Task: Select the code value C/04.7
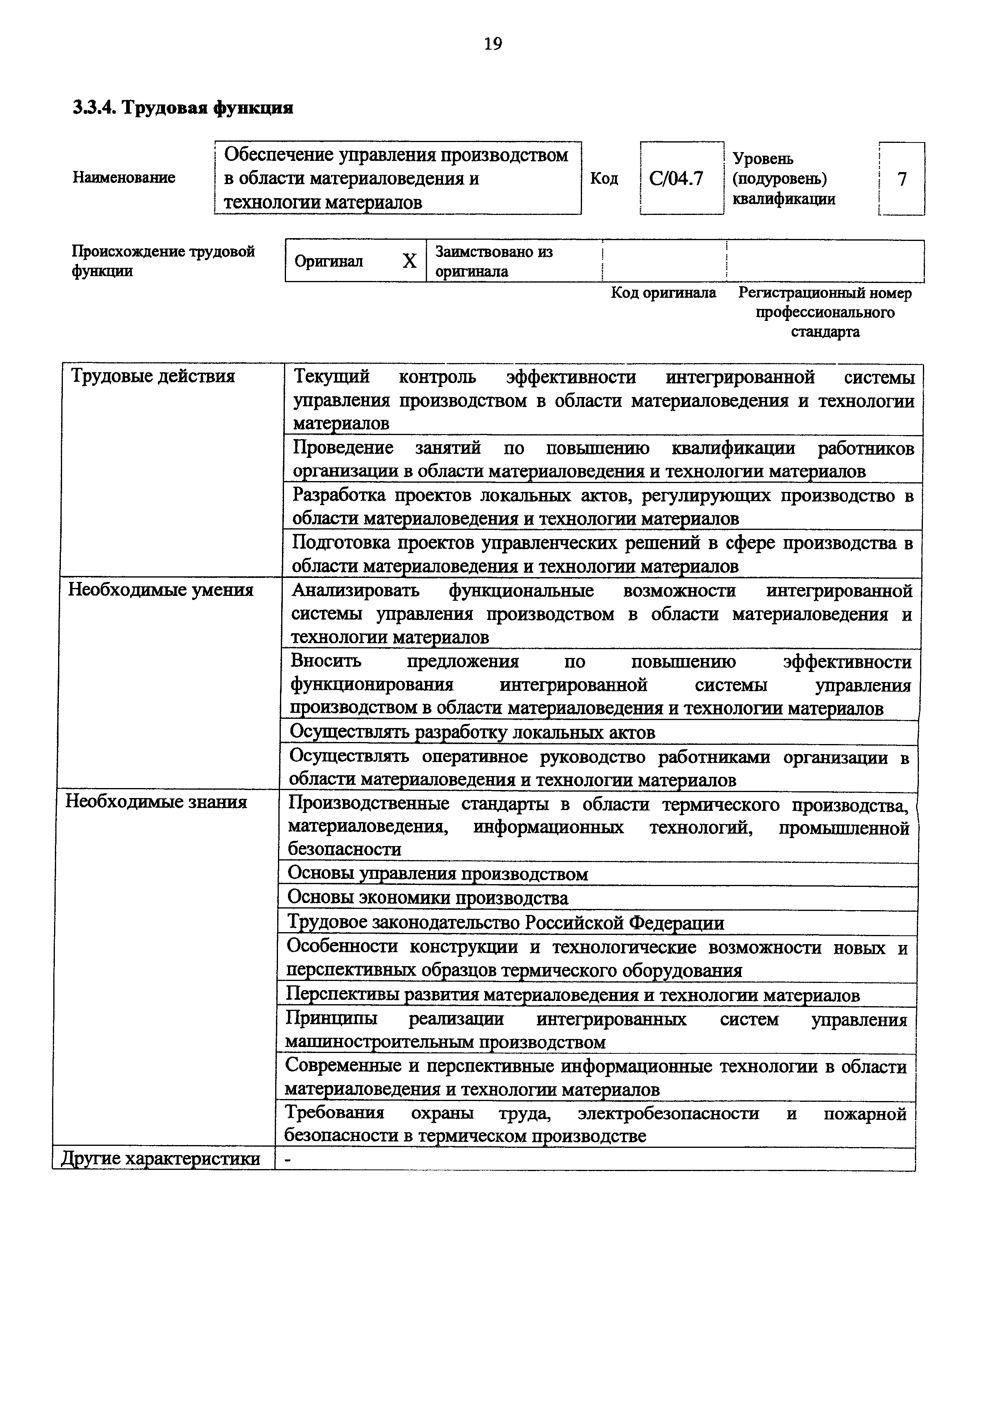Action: point(676,179)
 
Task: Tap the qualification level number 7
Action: point(901,179)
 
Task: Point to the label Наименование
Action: point(124,177)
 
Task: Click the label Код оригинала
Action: point(663,293)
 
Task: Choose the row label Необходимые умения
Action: point(160,590)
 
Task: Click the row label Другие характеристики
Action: point(160,1159)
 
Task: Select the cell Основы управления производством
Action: point(437,874)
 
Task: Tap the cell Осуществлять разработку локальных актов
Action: point(472,732)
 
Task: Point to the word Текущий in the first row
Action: point(331,377)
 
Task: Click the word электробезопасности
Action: point(668,1113)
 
